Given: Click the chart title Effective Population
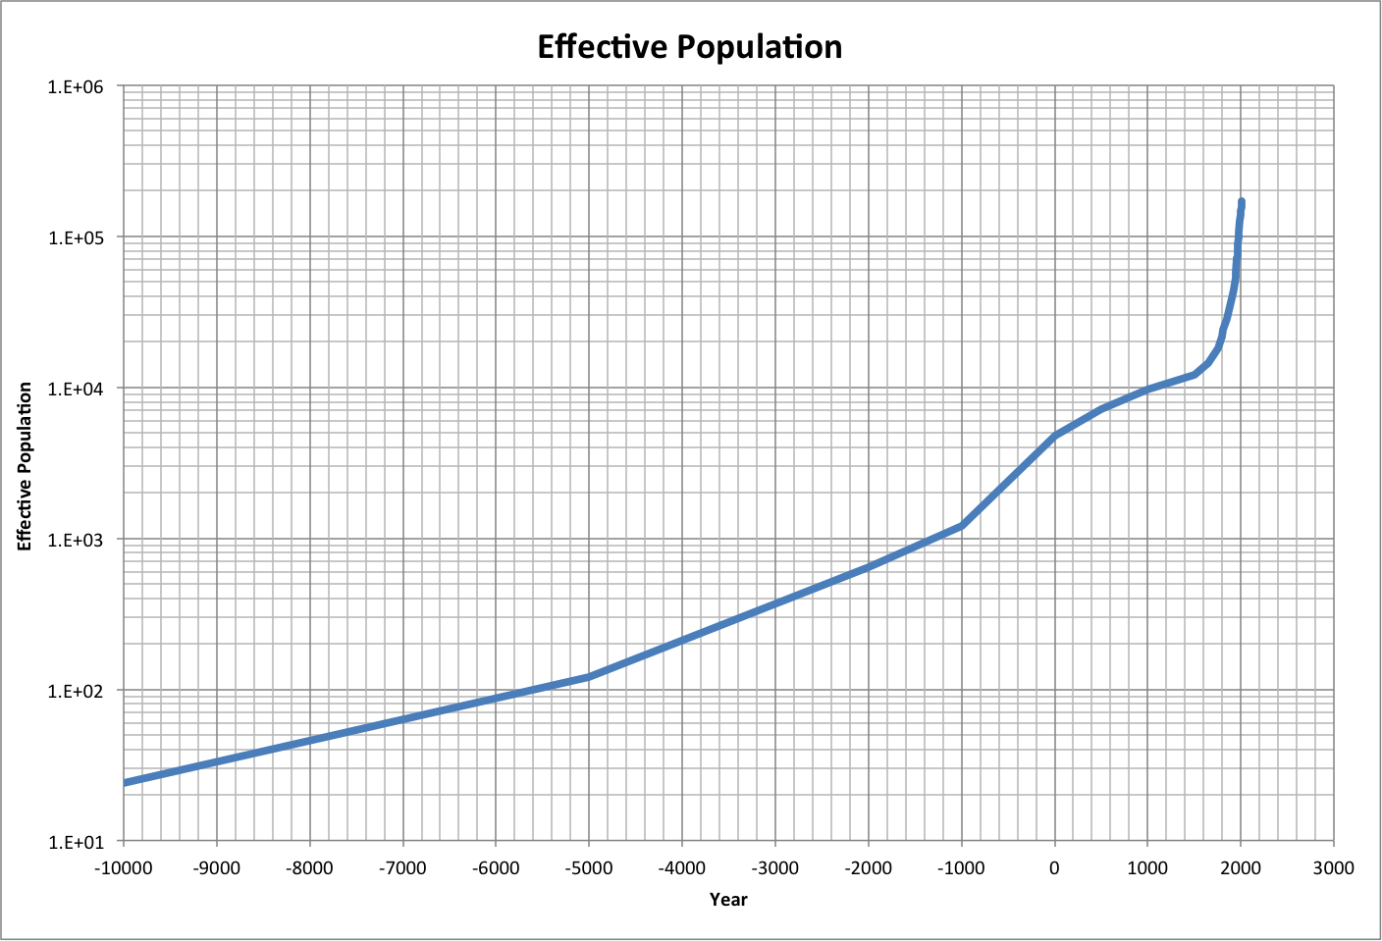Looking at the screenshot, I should (689, 47).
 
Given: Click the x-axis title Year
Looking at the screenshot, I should (728, 900).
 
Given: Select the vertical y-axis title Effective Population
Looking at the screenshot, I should (26, 466).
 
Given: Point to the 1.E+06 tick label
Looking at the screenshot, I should (76, 86).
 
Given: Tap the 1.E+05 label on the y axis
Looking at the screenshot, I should (76, 237).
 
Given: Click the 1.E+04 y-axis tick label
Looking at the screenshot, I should (76, 389).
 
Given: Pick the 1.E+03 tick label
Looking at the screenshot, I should (76, 540).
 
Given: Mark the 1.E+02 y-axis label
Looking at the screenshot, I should (76, 691).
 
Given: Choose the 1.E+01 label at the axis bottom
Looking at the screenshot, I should (76, 842).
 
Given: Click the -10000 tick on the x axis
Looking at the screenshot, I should (123, 867).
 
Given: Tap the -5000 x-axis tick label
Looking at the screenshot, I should (588, 867).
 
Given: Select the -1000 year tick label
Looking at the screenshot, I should (961, 867).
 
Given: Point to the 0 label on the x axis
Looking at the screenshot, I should (1054, 867).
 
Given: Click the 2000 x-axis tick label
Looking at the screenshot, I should (1241, 867).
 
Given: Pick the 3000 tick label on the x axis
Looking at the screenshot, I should (1333, 867).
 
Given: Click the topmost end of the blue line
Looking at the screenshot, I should (1242, 202).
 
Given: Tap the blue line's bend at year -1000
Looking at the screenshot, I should (962, 526).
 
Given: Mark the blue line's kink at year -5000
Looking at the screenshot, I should (589, 677).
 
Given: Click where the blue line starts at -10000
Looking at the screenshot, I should (125, 782).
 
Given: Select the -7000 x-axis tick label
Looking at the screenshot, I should (402, 867).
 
